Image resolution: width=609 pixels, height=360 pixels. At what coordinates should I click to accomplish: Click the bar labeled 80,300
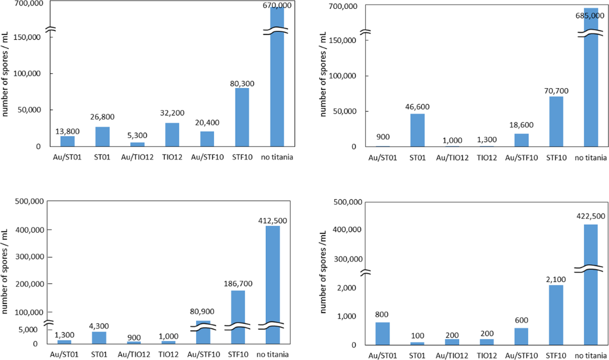pyautogui.click(x=242, y=117)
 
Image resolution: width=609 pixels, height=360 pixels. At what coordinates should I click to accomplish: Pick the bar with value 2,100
pyautogui.click(x=556, y=315)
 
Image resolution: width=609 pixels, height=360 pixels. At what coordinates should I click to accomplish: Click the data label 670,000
pyautogui.click(x=277, y=5)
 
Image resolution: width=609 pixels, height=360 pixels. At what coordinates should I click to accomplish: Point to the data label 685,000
pyautogui.click(x=591, y=15)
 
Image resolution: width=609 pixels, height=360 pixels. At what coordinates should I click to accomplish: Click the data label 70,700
pyautogui.click(x=555, y=89)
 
